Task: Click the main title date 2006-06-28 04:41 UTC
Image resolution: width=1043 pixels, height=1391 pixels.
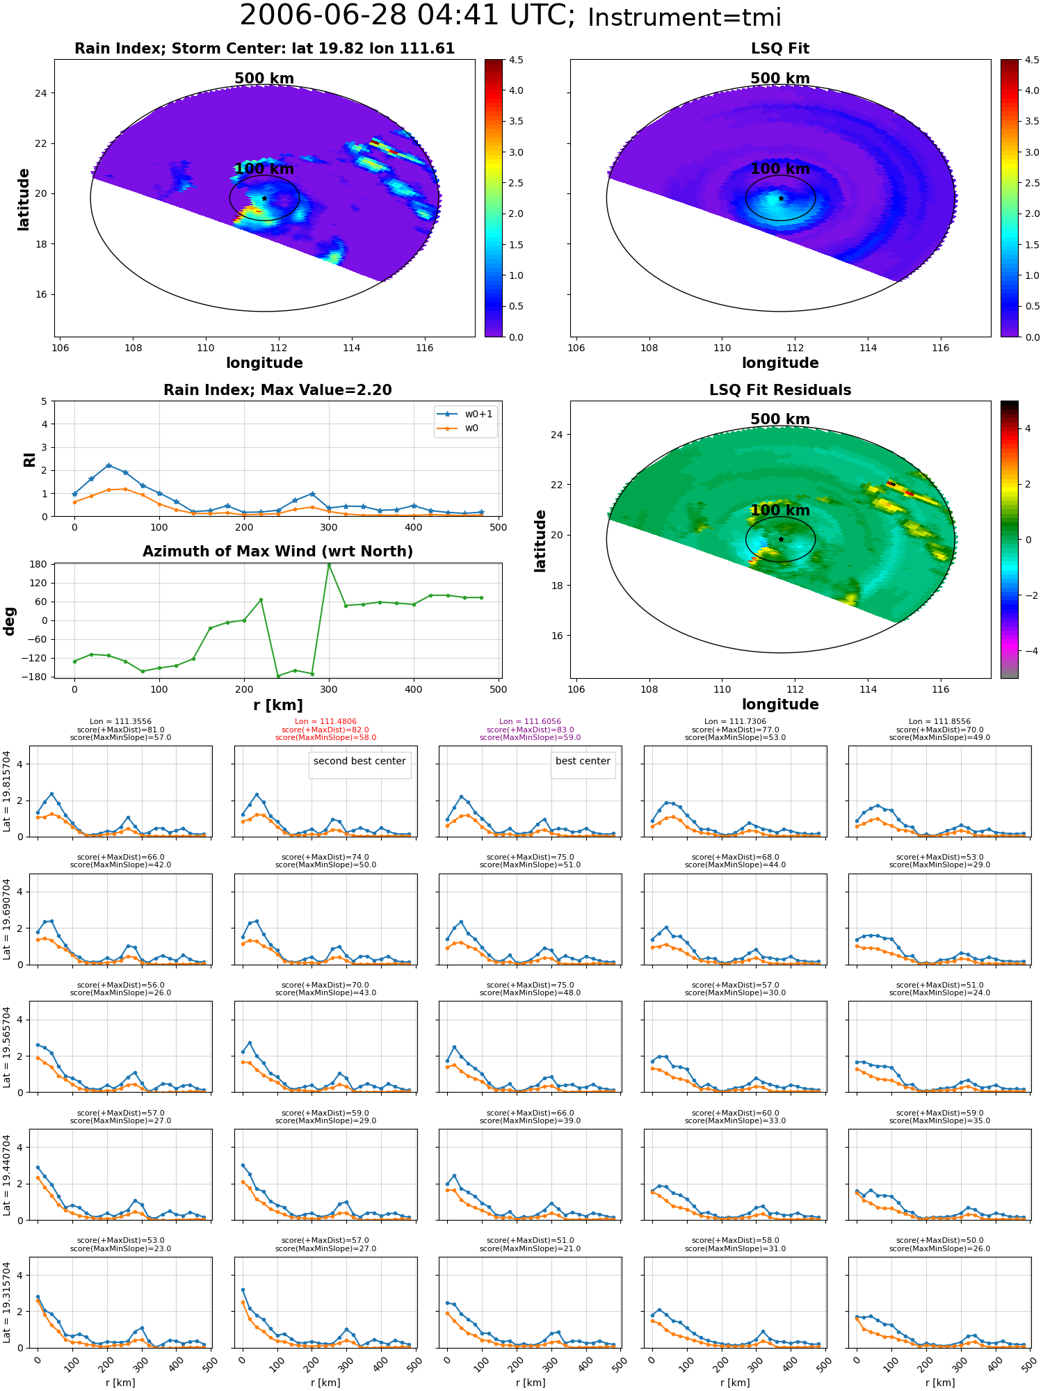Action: pyautogui.click(x=407, y=16)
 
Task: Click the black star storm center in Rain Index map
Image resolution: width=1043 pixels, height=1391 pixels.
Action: pyautogui.click(x=264, y=198)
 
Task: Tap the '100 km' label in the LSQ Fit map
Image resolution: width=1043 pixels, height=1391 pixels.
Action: pyautogui.click(x=780, y=168)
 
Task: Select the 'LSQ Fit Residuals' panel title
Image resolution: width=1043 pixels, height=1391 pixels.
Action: pyautogui.click(x=780, y=390)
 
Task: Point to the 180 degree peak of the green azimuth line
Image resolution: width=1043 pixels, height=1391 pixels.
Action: pyautogui.click(x=329, y=564)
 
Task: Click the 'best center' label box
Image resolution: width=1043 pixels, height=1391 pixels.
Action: pyautogui.click(x=583, y=762)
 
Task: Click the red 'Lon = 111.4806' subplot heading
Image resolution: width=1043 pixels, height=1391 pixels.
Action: pyautogui.click(x=325, y=722)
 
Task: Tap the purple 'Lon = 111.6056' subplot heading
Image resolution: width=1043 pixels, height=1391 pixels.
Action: pyautogui.click(x=530, y=722)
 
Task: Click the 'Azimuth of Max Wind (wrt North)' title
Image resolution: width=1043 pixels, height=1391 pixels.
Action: pyautogui.click(x=277, y=552)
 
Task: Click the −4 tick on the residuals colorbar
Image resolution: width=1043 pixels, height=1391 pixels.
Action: pyautogui.click(x=1028, y=651)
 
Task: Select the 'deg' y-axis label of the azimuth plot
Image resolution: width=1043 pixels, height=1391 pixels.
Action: pyautogui.click(x=10, y=621)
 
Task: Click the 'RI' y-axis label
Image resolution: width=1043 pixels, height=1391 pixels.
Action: pyautogui.click(x=30, y=460)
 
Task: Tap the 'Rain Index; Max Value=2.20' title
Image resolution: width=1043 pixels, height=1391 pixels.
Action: pyautogui.click(x=277, y=390)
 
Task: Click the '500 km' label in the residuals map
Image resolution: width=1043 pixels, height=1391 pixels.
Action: pyautogui.click(x=780, y=419)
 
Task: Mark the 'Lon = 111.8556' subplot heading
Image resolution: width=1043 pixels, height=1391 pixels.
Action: pyautogui.click(x=939, y=722)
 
